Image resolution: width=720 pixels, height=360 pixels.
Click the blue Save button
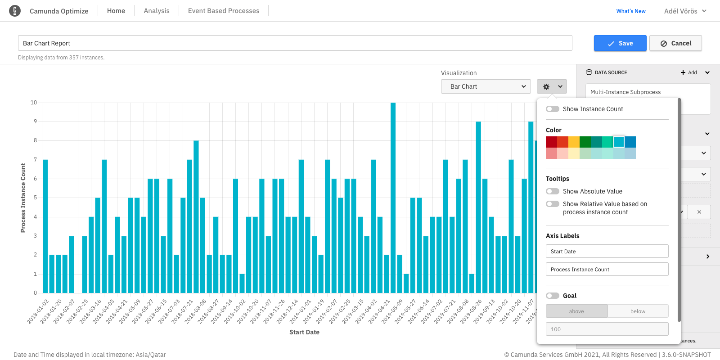620,43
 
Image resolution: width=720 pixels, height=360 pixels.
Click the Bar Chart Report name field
295,43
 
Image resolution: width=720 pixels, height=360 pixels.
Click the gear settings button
552,86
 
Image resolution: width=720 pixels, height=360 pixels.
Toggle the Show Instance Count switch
553,109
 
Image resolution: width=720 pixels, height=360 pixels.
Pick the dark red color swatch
551,142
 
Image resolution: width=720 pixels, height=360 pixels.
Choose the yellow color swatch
574,142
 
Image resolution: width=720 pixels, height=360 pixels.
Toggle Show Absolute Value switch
553,191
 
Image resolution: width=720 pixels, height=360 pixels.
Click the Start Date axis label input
607,251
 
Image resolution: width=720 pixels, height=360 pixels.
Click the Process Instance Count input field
607,269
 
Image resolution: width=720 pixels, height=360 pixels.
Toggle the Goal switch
553,296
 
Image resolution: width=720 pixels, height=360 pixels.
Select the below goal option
638,311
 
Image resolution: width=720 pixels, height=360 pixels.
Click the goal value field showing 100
607,329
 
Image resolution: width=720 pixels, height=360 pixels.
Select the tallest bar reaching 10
393,198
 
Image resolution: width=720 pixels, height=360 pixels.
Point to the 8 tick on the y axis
35,140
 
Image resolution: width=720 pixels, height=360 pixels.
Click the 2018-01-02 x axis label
38,311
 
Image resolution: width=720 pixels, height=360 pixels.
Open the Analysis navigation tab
157,11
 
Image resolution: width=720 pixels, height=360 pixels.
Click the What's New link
630,11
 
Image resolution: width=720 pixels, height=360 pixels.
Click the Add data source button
688,72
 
